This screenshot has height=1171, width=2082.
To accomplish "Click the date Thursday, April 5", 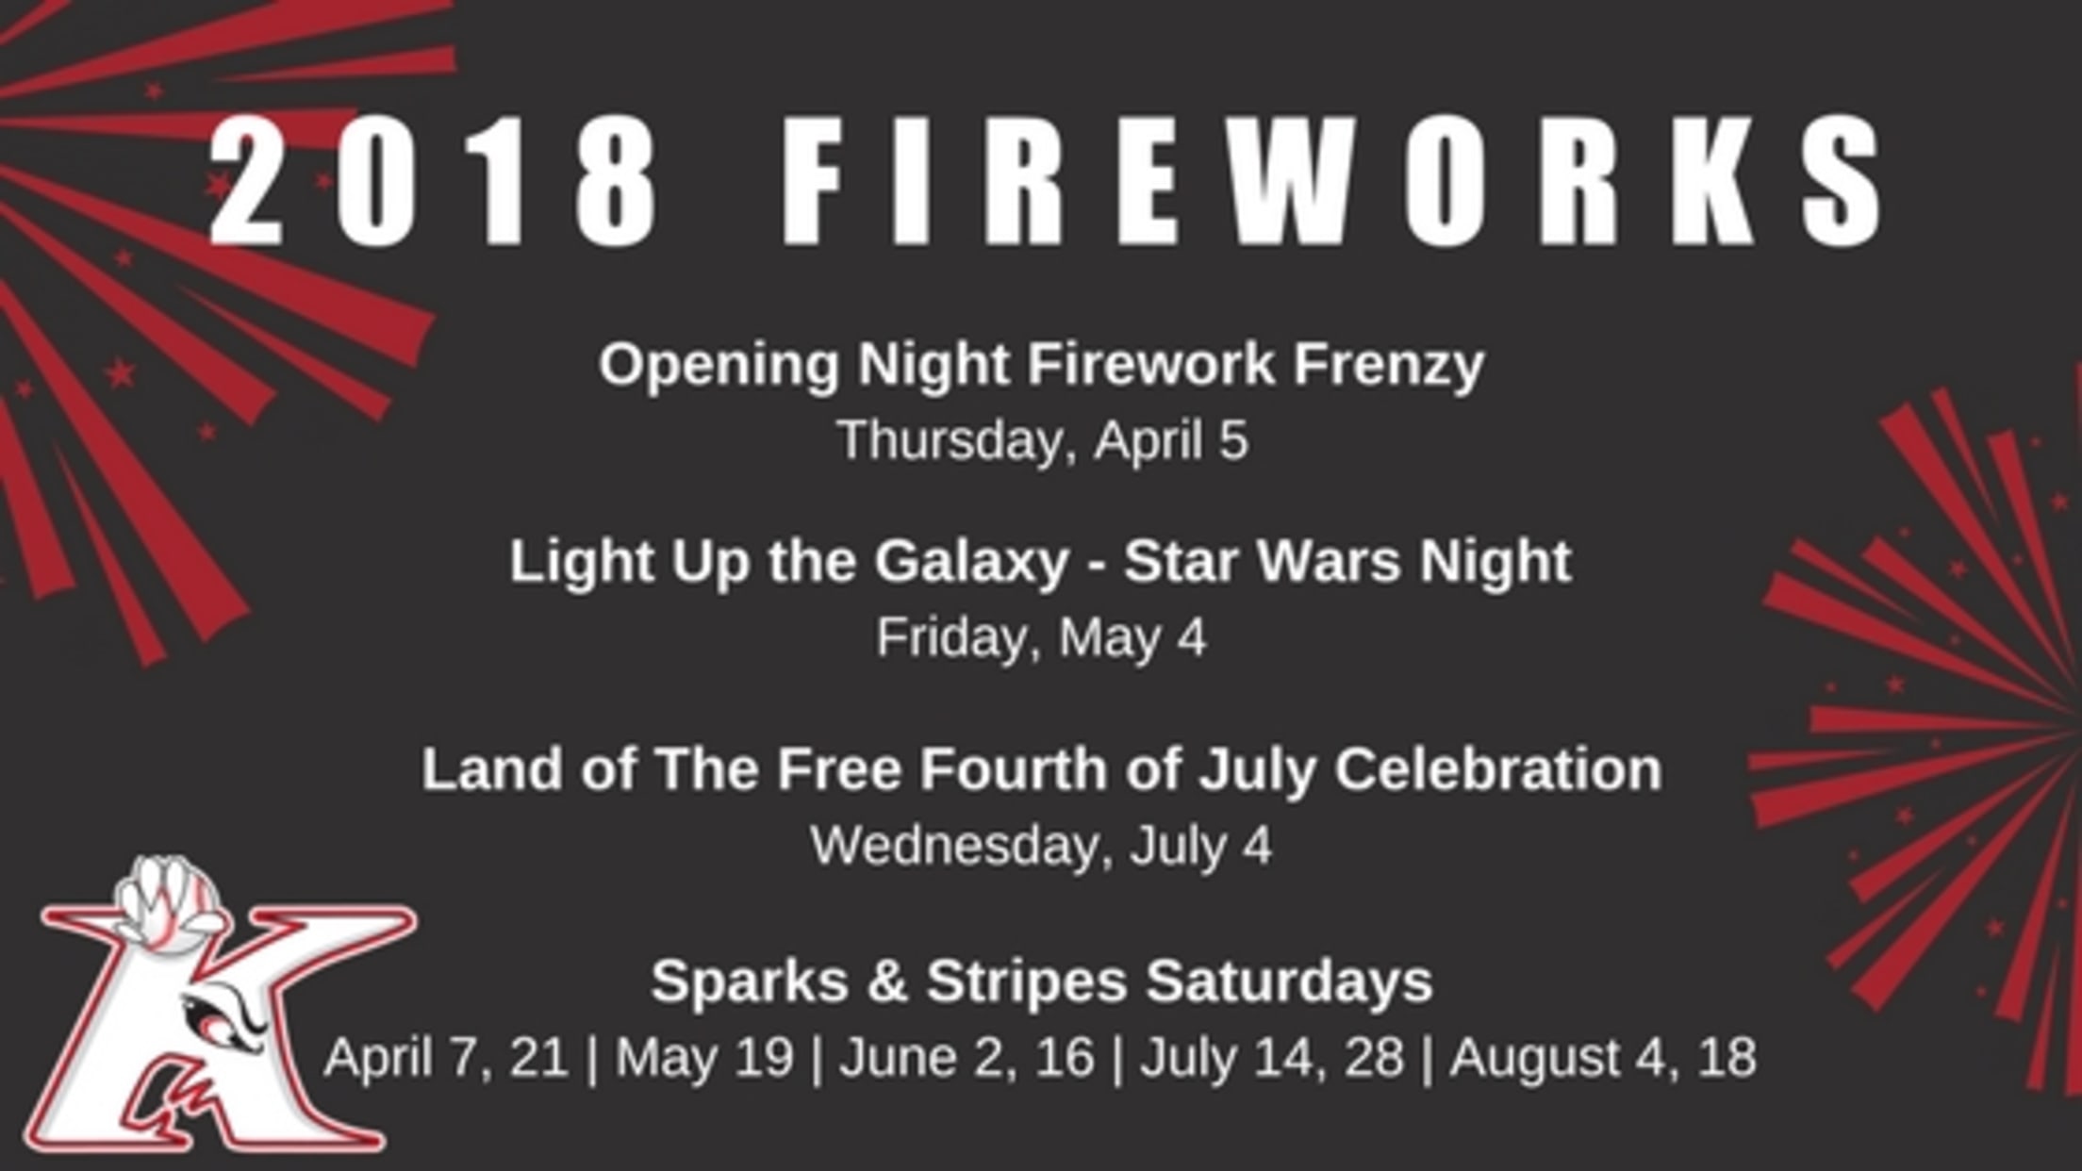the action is point(1043,440).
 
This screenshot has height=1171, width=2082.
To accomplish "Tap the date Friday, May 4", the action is point(1041,639).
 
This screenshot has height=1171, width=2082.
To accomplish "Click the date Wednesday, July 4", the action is point(1041,846).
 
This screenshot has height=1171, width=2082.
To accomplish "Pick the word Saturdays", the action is point(1289,981).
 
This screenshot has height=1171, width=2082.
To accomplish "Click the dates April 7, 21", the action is point(446,1058).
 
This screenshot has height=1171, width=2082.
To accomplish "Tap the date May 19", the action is point(704,1058).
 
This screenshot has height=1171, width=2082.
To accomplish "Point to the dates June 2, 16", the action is point(967,1058).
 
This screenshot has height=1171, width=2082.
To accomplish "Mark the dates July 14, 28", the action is point(1272,1058).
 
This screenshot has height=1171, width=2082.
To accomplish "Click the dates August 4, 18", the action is point(1603,1058).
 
